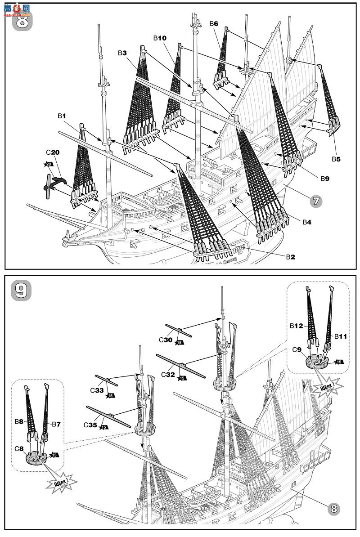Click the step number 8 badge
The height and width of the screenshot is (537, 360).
[x=22, y=20]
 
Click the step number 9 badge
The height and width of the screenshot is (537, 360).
[x=22, y=290]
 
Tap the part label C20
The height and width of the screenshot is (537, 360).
[x=52, y=152]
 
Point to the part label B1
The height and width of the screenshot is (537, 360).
[x=62, y=116]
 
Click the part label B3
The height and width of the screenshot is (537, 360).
[x=122, y=53]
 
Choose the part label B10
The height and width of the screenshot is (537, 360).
[x=160, y=39]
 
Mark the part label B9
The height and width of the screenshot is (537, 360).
[x=325, y=179]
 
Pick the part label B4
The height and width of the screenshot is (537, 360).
[x=307, y=222]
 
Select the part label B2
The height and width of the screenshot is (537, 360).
[x=290, y=257]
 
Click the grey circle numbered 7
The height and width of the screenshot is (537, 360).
[x=316, y=201]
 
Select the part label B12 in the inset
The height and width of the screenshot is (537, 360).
[x=297, y=325]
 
